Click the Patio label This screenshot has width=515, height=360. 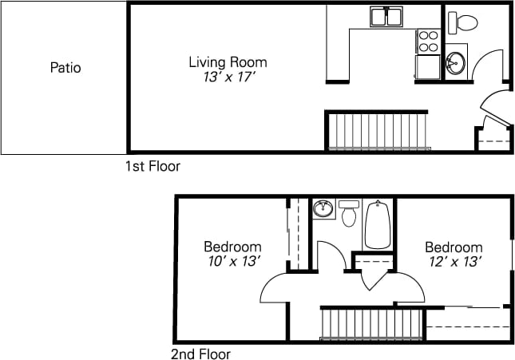[65, 68]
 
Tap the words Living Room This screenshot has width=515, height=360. [228, 61]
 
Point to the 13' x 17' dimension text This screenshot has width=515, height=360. [228, 77]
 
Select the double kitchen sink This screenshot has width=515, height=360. [388, 17]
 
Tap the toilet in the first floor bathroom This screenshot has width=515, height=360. [462, 22]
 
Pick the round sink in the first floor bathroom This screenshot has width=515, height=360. [455, 61]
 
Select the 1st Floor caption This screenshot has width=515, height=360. [153, 167]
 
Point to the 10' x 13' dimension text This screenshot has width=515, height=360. [232, 262]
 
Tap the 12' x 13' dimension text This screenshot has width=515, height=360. [453, 262]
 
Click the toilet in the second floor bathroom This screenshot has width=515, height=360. [349, 214]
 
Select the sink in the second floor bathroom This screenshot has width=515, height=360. [323, 209]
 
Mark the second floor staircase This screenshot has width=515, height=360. [370, 324]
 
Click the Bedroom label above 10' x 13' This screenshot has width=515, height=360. [232, 247]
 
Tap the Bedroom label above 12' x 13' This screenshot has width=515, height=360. [453, 247]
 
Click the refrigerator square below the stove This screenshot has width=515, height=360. [428, 66]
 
